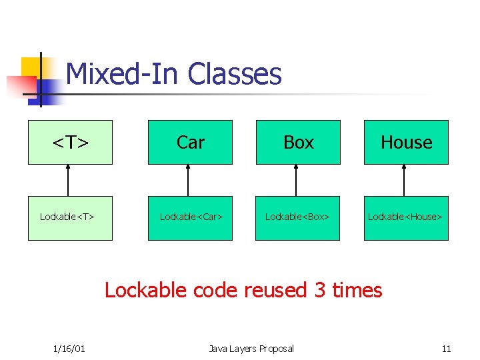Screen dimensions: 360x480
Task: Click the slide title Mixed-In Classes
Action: tap(174, 74)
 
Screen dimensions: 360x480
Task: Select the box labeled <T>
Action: tap(70, 142)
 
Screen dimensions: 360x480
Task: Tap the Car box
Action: tap(190, 142)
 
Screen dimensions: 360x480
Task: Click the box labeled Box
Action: tap(298, 142)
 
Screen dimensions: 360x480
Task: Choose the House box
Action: tap(406, 142)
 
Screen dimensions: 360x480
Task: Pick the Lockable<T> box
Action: tap(70, 218)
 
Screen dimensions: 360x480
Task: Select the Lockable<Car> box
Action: tap(190, 218)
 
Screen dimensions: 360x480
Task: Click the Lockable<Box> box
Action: tap(298, 218)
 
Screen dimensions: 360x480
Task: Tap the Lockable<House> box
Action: tap(406, 218)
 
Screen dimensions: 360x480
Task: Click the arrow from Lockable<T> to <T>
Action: tap(68, 181)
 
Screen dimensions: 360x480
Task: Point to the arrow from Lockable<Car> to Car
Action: tap(188, 181)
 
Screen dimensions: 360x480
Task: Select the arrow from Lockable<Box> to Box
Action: tap(296, 181)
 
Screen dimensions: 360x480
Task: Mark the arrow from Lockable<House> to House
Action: tap(404, 181)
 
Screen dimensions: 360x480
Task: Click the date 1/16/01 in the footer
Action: tap(69, 349)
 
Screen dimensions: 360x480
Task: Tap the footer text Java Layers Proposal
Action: tap(251, 349)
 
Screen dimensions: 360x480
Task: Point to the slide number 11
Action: tap(446, 349)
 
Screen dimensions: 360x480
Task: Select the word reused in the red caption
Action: tap(273, 291)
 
